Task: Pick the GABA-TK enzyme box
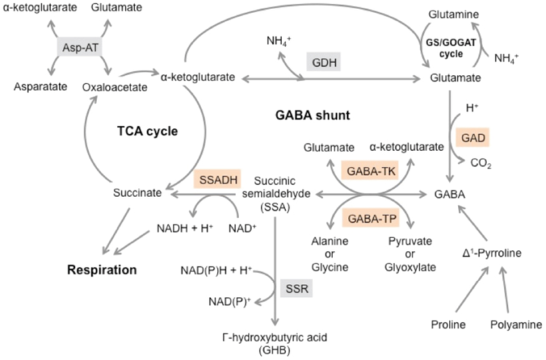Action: point(369,173)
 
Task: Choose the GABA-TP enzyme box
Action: point(369,218)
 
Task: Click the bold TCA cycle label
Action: point(146,131)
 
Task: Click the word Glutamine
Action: point(453,14)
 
